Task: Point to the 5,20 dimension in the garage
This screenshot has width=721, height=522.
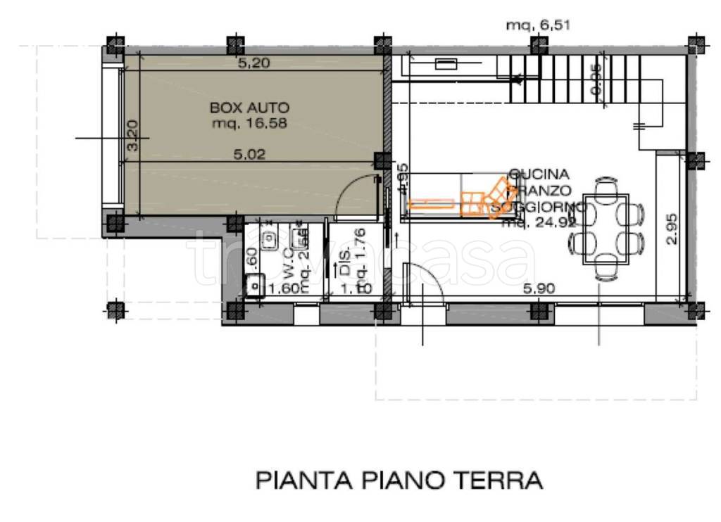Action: (254, 63)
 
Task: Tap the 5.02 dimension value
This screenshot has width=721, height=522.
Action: (251, 156)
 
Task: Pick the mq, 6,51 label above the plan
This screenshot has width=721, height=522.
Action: (537, 25)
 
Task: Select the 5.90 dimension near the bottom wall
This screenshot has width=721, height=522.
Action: (539, 288)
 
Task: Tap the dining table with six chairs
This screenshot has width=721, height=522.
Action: (606, 229)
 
